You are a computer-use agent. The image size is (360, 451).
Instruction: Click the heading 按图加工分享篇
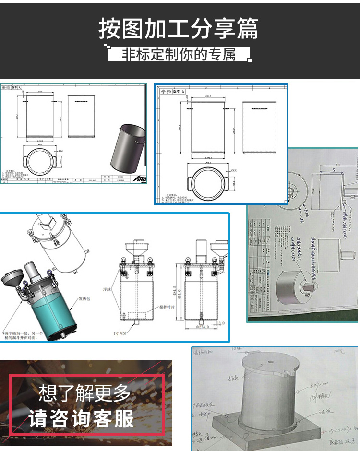[179, 28]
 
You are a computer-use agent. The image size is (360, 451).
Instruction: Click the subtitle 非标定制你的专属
[179, 54]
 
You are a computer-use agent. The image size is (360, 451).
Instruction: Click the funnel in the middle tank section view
[132, 249]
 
